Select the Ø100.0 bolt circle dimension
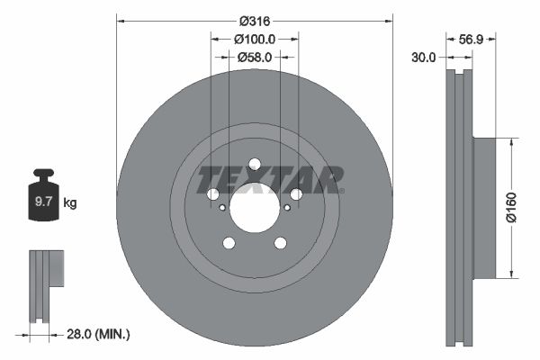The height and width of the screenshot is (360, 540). click(255, 40)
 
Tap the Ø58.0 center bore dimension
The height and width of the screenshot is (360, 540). click(255, 57)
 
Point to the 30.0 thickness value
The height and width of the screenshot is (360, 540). click(423, 57)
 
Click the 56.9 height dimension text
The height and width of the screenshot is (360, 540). click(472, 40)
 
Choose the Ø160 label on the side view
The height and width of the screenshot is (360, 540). click(510, 207)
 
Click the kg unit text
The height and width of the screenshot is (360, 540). click(70, 203)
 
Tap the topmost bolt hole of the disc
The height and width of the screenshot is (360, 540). click(255, 164)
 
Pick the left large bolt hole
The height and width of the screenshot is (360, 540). click(213, 194)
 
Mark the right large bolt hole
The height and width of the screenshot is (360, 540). click(296, 194)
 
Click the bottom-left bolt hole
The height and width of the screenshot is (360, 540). click(229, 243)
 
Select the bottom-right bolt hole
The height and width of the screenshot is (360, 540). click(281, 243)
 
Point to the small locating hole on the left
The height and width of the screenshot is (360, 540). click(222, 207)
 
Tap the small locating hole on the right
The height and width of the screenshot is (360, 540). click(287, 207)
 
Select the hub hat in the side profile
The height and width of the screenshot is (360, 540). click(483, 207)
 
